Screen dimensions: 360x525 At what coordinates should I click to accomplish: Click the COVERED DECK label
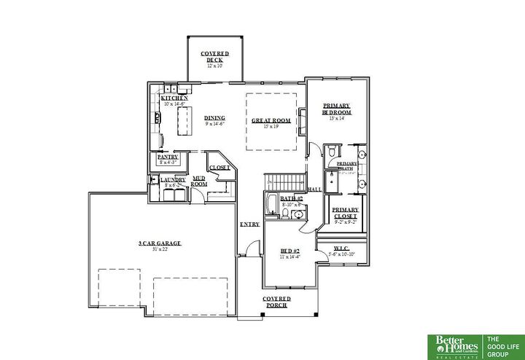coord(215,57)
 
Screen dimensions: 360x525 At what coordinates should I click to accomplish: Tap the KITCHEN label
coord(175,98)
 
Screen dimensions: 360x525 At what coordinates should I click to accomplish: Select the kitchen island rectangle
coord(184,120)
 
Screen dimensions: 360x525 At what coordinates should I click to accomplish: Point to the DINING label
coord(214,118)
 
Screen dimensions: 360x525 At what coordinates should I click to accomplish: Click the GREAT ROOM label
coord(271,120)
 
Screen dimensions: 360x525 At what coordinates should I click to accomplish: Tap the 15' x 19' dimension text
coord(271,127)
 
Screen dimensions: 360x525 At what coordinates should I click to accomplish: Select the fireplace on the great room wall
coord(302,121)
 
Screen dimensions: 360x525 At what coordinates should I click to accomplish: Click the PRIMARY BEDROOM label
coord(337,109)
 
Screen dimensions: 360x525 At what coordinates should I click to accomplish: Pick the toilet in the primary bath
coord(330,152)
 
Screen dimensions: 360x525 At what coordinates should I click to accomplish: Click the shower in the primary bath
coord(331,183)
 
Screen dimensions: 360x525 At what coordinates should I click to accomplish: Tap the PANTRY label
coord(168,157)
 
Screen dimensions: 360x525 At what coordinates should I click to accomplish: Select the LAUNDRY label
coord(173,179)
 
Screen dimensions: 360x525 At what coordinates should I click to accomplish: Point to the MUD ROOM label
coord(199,181)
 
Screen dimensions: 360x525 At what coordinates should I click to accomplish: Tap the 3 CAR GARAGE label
coord(160,243)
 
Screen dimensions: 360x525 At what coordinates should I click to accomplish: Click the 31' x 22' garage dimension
coord(160,249)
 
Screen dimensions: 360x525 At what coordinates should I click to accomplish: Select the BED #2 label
coord(291,251)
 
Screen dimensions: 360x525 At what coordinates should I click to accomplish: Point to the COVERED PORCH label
coord(277,302)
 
